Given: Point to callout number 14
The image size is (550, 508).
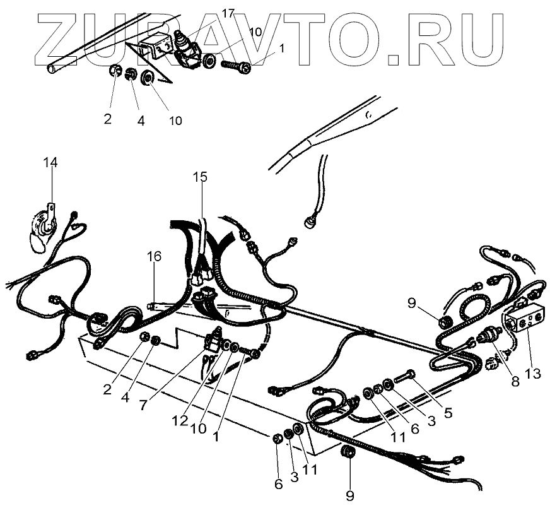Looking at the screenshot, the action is (x=50, y=163).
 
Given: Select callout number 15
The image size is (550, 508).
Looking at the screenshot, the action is (x=200, y=178).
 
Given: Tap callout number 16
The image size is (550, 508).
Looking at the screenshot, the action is (x=155, y=256).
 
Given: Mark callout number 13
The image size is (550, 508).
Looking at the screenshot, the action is (x=533, y=373).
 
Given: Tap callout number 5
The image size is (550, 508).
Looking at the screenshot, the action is (x=448, y=415).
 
